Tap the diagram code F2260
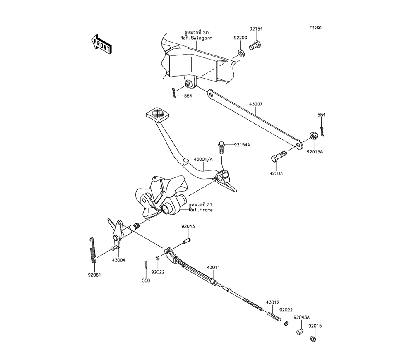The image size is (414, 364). click(315, 28)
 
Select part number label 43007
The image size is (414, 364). click(256, 104)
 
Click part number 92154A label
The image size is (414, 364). click(243, 145)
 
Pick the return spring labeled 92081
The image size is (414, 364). click(93, 249)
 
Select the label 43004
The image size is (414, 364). click(118, 260)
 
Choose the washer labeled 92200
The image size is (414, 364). click(241, 53)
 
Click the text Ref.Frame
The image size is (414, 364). click(201, 210)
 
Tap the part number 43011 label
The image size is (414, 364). click(213, 268)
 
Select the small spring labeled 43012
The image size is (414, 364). click(274, 316)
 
